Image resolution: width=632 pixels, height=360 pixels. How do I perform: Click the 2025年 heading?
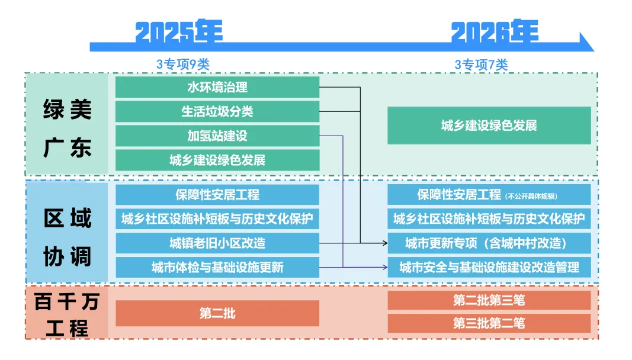179,32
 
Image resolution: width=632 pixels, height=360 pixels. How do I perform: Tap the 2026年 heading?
495,32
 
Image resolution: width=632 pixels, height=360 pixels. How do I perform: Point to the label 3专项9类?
182,65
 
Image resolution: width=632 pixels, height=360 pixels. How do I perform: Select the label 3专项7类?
481,65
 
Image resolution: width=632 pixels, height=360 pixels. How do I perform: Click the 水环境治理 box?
217,87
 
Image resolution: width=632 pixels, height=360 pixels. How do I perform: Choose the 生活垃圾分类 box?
217,111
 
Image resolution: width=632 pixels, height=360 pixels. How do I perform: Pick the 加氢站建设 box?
217,136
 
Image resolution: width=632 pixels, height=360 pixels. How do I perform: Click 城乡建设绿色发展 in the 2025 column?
217,160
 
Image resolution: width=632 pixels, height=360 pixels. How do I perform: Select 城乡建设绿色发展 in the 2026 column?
489,126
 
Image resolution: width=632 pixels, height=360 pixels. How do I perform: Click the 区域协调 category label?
67,237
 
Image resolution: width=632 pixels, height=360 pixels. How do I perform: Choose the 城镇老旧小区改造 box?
217,243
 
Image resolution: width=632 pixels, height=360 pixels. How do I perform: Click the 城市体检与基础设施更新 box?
217,267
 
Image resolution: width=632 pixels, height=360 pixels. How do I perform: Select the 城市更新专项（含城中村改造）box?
489,243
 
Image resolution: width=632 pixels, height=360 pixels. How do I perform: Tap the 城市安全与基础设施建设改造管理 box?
489,267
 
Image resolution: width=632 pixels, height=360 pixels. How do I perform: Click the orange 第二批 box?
217,313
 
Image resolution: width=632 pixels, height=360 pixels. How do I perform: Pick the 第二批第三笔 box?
489,300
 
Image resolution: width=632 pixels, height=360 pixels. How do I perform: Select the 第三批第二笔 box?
489,323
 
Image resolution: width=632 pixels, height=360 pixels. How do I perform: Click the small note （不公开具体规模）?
531,196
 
